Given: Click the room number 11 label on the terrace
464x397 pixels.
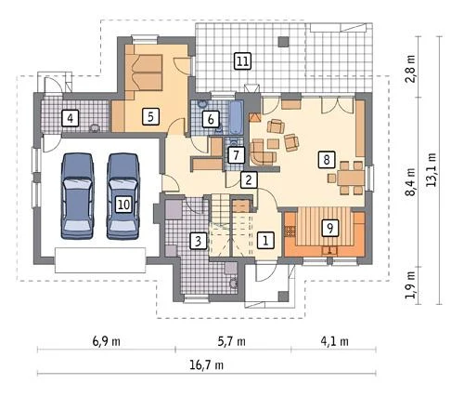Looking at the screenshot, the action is pos(242,61).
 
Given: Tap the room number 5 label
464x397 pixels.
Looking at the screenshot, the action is pos(150,117).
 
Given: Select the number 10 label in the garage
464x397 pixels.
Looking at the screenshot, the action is pos(123,205).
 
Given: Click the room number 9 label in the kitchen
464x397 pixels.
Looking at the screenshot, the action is pos(330,228).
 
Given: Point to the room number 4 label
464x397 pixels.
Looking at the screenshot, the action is pos(71,118).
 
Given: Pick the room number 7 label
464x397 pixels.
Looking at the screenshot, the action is pos(237,155).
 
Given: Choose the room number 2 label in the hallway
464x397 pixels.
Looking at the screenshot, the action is pos(249,179).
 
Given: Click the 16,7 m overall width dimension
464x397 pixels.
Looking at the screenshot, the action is pos(206,365).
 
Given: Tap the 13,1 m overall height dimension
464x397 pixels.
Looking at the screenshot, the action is pos(431,170).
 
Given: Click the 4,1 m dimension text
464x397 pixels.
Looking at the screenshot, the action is pos(334,341).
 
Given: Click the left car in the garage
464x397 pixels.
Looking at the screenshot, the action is pos(77,196).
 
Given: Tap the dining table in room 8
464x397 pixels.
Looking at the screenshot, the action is pos(351,178).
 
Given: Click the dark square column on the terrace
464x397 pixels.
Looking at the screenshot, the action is pos(283,42).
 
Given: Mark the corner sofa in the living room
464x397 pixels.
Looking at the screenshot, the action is pos(263,152).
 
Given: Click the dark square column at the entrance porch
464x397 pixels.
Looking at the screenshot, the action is pos(283,297).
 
